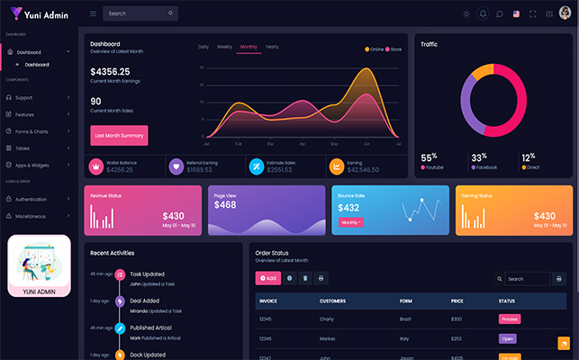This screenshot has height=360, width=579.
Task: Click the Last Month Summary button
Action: click(x=119, y=135)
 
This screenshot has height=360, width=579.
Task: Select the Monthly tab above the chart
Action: click(x=249, y=46)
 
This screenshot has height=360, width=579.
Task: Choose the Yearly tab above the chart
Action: click(x=272, y=46)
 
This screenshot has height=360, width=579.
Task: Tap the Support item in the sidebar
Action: click(x=23, y=97)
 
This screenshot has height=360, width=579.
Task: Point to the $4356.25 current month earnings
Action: click(x=110, y=71)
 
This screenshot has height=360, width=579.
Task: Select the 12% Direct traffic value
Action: click(x=529, y=157)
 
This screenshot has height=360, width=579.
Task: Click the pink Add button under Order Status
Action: click(x=267, y=278)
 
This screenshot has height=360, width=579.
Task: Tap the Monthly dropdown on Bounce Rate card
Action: click(x=350, y=221)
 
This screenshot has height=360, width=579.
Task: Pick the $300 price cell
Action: click(x=457, y=319)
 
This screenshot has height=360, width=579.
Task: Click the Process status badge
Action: click(x=510, y=319)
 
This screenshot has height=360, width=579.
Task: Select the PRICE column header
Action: click(x=457, y=301)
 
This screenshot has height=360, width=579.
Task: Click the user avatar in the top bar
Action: click(x=565, y=13)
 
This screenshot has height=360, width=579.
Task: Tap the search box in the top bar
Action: click(x=140, y=13)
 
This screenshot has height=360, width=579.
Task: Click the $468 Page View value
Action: click(x=225, y=205)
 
